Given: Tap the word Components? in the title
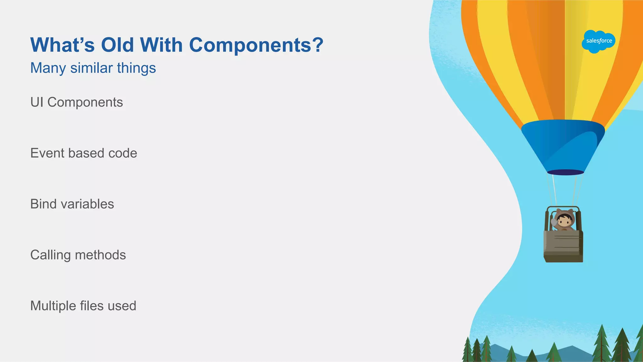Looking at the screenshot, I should [x=256, y=45].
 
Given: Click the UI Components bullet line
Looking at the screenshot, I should [x=77, y=102].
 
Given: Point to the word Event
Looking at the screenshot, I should [x=47, y=153].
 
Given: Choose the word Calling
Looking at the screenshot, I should [x=50, y=255].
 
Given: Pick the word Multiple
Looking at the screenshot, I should [x=53, y=306].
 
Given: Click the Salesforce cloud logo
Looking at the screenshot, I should [x=598, y=41].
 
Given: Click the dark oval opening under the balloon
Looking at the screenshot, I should [x=565, y=172].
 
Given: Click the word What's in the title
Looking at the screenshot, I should [x=62, y=45].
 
